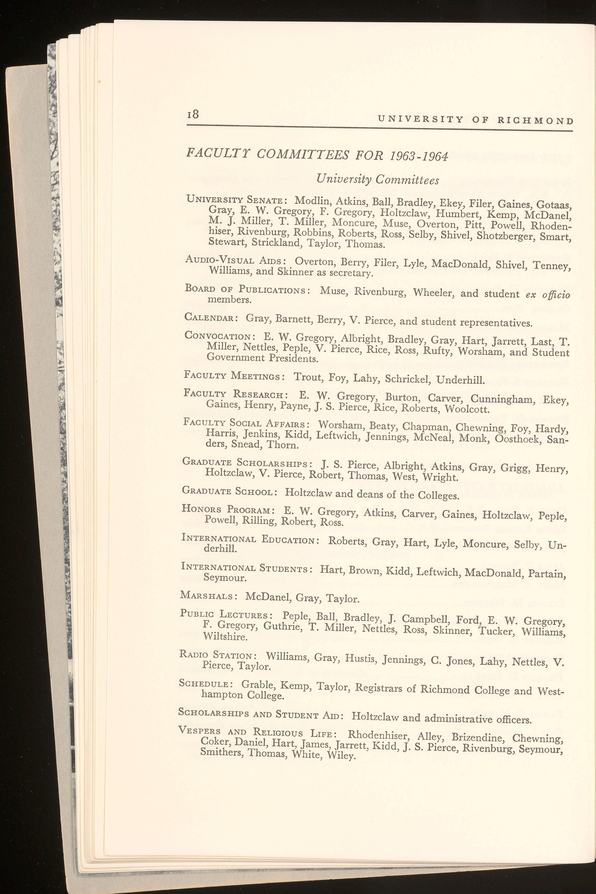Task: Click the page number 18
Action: tap(193, 114)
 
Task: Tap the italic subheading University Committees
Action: tap(378, 179)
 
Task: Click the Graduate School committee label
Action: tap(229, 491)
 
